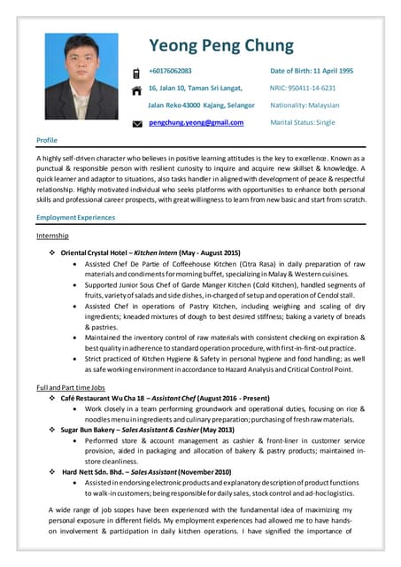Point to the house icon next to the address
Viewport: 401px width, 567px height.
[x=136, y=89]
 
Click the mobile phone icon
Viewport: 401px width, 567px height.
[x=136, y=73]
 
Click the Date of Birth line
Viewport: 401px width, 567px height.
[x=312, y=70]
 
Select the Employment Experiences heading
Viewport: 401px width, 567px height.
[x=76, y=218]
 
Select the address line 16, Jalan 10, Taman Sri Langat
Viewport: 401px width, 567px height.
[x=195, y=88]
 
